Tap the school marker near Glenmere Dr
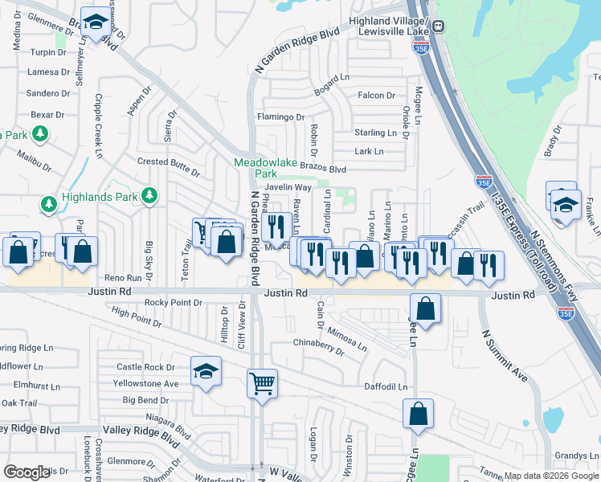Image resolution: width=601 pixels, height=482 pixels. coord(97,24)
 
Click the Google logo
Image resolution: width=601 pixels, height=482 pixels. coord(27,472)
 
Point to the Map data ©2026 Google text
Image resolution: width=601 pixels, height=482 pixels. coord(552,476)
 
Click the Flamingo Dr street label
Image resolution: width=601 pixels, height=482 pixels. coord(280,117)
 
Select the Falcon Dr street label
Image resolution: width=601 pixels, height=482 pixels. coord(376,96)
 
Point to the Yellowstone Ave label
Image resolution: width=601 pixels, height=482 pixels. coord(148,384)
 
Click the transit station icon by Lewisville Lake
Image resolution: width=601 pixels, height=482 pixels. coord(439,26)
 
